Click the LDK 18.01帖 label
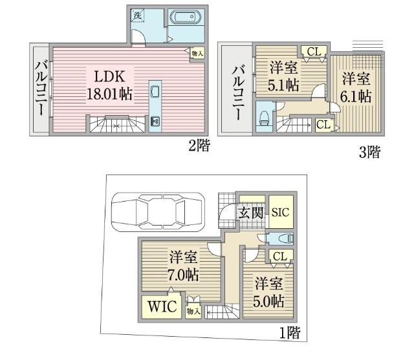tap(109, 85)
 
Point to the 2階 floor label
tap(199, 145)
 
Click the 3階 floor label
tap(369, 152)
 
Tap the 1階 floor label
tap(290, 333)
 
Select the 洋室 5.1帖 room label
tap(283, 76)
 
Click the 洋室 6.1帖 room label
tap(356, 87)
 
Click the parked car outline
tap(158, 212)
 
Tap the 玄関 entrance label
tap(250, 212)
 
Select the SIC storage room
tap(281, 212)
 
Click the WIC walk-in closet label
tap(162, 306)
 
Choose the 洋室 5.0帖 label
tap(269, 292)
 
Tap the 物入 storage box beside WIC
tap(193, 312)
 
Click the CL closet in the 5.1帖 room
tap(314, 51)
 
